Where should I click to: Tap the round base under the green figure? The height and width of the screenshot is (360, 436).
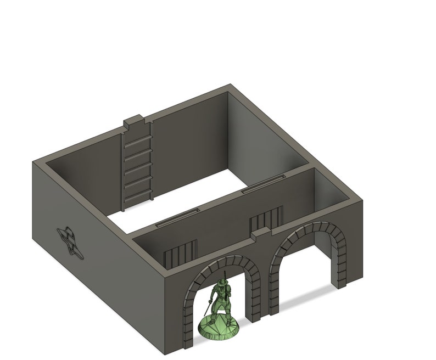(220, 328)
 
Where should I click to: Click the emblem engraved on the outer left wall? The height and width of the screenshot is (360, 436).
(70, 241)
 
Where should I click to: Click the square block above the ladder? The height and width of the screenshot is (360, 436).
(133, 123)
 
